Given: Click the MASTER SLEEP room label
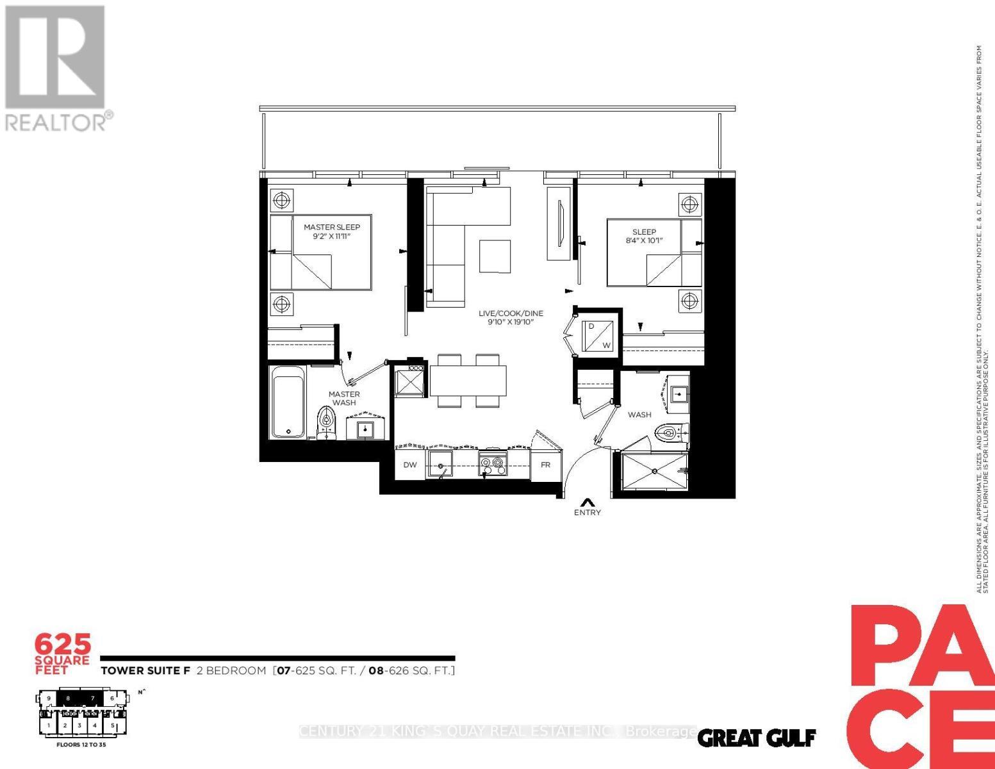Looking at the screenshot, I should tap(331, 227).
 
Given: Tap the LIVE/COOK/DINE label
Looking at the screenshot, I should tap(511, 313).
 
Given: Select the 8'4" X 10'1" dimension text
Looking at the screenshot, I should tap(644, 241).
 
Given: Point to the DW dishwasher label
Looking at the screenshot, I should tap(410, 465).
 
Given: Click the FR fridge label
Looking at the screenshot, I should tap(545, 465).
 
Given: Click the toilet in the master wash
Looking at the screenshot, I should tap(327, 423).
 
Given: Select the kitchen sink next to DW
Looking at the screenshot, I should tap(440, 464).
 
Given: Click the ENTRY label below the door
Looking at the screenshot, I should tap(588, 512).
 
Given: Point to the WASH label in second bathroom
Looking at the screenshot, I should tap(639, 415).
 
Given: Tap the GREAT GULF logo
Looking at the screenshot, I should tap(756, 738).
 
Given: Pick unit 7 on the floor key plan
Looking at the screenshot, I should tap(93, 699).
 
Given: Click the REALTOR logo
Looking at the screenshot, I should tap(56, 67).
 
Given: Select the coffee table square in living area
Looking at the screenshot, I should tap(495, 256).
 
